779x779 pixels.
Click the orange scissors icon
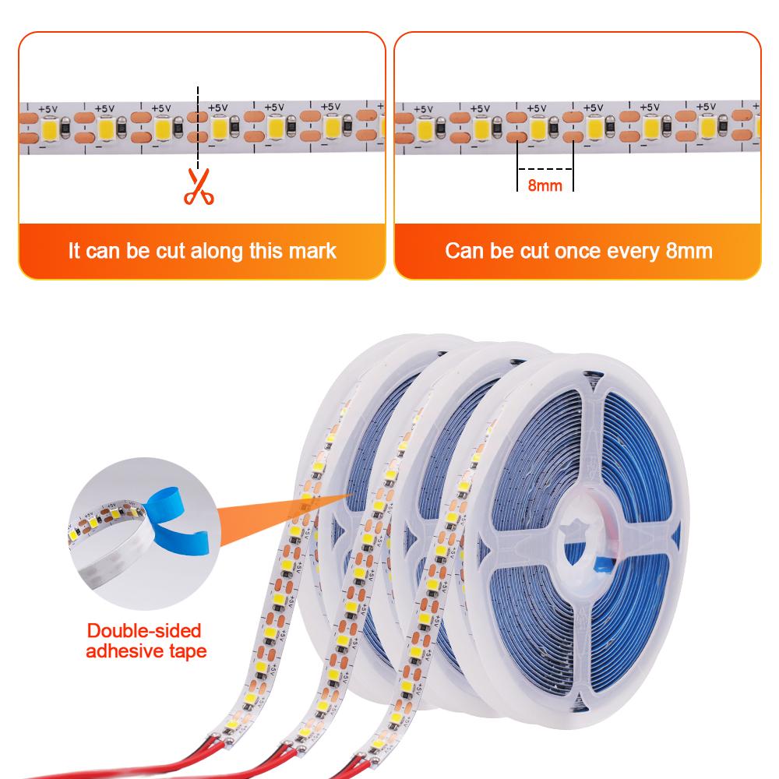pos(199,187)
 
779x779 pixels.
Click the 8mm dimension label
pos(545,185)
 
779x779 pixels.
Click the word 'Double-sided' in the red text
pos(144,630)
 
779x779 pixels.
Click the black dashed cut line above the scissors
pos(198,128)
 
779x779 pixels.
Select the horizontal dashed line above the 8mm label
pos(545,169)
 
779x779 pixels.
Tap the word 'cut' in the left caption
pos(171,252)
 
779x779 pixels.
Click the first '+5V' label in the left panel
pos(48,109)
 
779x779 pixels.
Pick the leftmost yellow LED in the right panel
pos(425,129)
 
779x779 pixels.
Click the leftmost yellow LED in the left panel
pos(50,129)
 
